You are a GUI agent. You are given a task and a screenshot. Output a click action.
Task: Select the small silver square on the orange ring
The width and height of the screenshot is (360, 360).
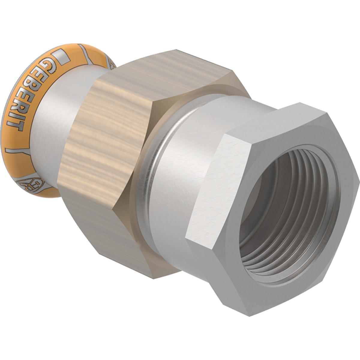[x=61, y=58]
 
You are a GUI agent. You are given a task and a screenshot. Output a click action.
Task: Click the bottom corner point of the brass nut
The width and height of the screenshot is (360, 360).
[x=153, y=277]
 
